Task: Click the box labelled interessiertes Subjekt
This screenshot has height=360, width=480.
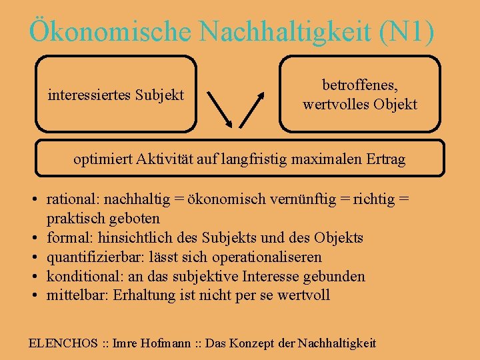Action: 116,94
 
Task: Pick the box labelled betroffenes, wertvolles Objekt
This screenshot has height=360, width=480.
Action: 360,94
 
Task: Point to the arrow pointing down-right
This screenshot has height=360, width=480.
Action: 220,109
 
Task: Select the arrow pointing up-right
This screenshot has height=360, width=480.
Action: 252,109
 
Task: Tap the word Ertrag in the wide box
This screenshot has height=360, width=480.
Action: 386,159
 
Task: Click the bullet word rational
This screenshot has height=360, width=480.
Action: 69,199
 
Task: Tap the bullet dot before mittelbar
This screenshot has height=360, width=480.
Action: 33,295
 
